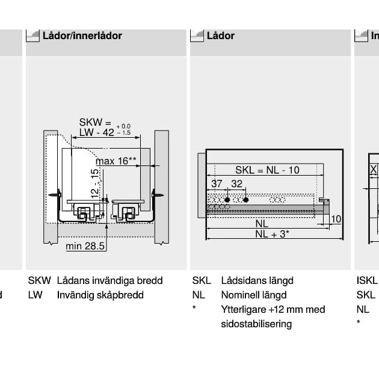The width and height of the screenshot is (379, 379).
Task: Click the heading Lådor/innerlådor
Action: click(82, 35)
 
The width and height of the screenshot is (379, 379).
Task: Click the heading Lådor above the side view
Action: click(220, 35)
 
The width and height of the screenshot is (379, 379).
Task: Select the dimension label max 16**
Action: click(116, 161)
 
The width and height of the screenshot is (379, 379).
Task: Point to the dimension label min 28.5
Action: click(85, 246)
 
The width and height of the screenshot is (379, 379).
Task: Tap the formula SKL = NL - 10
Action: click(267, 170)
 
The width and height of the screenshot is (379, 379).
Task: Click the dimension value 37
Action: click(217, 184)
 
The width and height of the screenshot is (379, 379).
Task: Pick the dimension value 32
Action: click(236, 184)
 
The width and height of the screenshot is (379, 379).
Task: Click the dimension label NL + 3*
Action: click(272, 234)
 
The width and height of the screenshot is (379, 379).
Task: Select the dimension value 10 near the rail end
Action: click(336, 219)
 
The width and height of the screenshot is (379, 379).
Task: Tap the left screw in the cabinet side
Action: click(57, 194)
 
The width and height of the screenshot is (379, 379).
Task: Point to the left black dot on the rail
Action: click(227, 199)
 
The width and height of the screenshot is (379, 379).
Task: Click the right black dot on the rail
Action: click(246, 199)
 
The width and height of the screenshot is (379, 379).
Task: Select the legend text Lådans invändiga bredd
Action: click(109, 281)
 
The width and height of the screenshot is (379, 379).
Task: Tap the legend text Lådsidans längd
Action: click(257, 281)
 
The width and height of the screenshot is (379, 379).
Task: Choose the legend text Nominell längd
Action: click(253, 295)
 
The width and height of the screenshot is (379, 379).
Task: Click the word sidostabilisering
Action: click(256, 324)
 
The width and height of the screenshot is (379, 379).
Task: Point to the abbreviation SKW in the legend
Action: click(39, 281)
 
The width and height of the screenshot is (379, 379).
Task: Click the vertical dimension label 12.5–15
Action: click(95, 183)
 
